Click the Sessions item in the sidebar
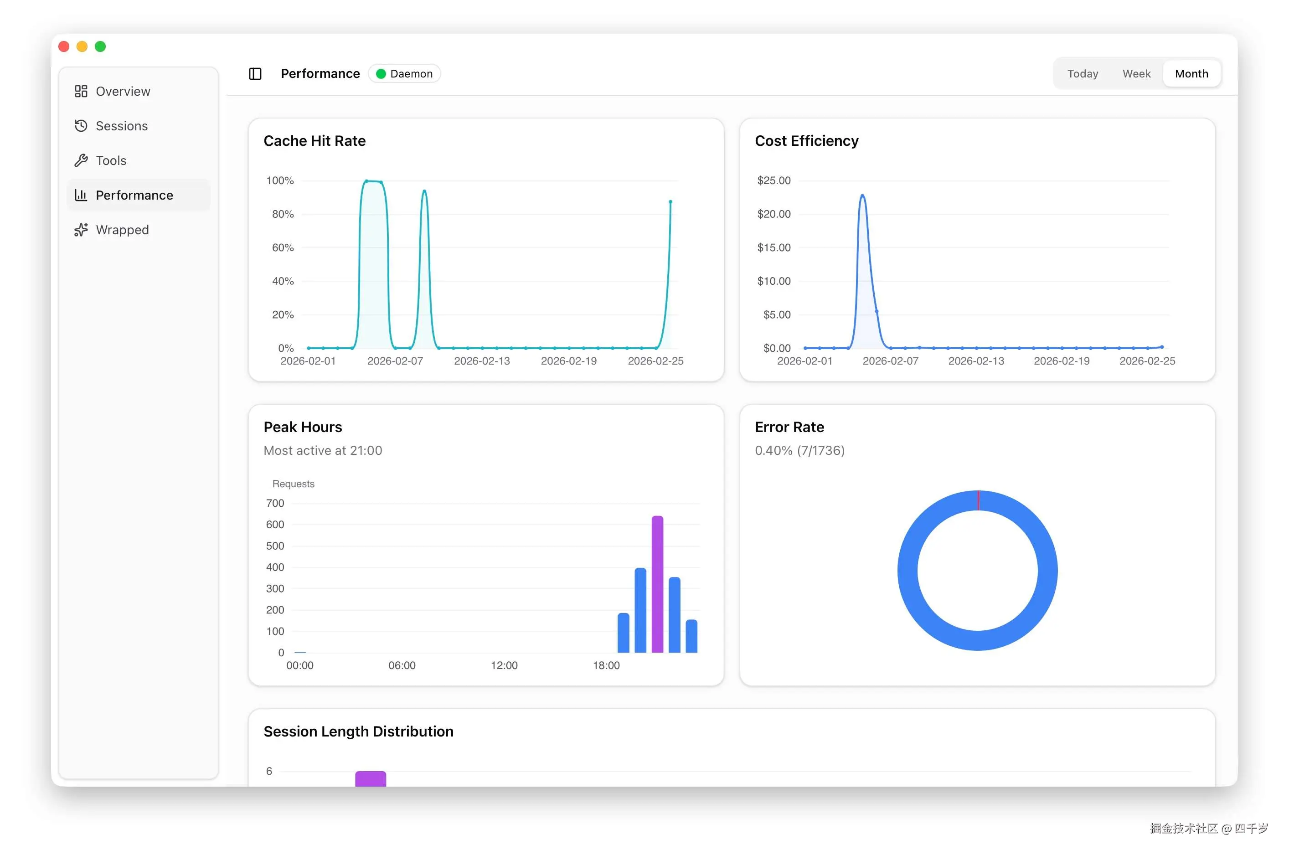click(121, 126)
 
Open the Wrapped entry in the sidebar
click(122, 230)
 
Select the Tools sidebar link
click(111, 161)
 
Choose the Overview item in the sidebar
click(123, 92)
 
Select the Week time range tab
click(1136, 74)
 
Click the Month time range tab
click(1191, 74)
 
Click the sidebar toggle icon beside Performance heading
click(255, 74)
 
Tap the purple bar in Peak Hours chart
click(657, 583)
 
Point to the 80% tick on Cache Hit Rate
click(283, 214)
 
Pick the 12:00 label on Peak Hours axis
click(504, 665)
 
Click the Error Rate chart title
click(789, 427)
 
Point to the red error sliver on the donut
click(978, 500)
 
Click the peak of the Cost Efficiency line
click(862, 195)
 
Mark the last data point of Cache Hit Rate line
click(670, 202)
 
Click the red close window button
click(64, 47)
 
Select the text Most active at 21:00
click(323, 450)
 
